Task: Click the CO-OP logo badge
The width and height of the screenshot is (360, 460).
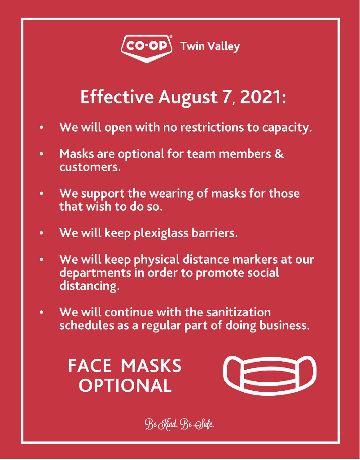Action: pos(146,48)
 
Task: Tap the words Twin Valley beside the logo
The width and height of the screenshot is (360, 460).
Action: pos(210,46)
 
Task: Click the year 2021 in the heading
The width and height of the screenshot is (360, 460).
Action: pos(262,97)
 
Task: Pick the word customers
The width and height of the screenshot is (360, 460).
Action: pos(89,167)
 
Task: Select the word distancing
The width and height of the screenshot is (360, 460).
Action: pos(89,286)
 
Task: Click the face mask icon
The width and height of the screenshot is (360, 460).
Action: pos(270,375)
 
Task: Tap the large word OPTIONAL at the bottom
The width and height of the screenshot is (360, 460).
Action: pos(125,385)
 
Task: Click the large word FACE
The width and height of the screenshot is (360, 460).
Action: pos(89,366)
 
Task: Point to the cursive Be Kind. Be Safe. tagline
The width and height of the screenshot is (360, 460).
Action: pos(180,425)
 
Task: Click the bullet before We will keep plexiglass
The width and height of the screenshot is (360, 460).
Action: pos(42,234)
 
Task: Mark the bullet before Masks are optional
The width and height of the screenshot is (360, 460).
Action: pos(42,154)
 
